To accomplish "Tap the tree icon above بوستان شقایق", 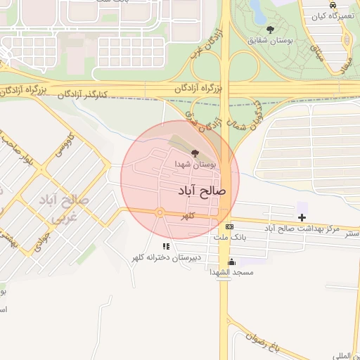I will pos(271,30).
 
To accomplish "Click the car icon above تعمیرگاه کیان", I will pos(333,4).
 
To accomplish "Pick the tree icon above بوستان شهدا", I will pos(195,153).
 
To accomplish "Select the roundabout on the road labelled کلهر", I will pos(160,212).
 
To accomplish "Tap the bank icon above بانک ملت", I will pos(230,227).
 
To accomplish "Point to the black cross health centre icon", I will pos(302,218).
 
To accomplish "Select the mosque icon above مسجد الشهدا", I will pos(231,262).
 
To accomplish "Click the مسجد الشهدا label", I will pos(236,272).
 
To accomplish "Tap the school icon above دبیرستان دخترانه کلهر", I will pos(166,247).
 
